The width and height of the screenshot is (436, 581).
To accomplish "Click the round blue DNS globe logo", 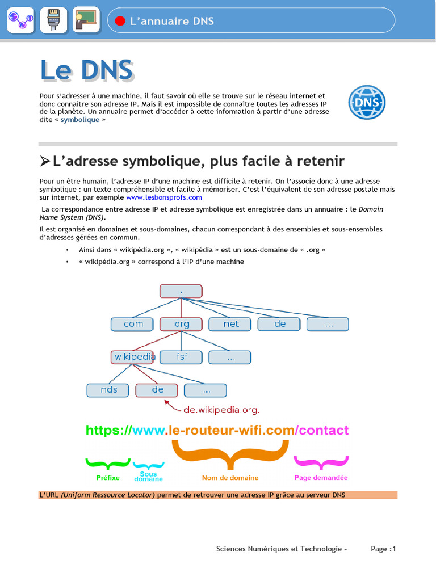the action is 367,102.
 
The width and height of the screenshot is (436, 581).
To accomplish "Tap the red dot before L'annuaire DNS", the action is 120,21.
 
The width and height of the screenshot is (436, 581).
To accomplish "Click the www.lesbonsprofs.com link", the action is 164,197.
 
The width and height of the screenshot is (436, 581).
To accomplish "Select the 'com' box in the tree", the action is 133,324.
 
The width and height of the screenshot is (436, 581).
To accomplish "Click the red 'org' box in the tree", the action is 181,324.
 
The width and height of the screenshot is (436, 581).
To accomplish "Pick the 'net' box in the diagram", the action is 230,324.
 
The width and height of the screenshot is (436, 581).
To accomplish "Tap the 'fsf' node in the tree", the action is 181,357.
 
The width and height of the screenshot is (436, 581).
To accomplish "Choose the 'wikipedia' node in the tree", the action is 134,357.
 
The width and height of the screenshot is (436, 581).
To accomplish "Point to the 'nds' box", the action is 108,390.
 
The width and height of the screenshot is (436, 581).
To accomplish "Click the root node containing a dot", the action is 181,291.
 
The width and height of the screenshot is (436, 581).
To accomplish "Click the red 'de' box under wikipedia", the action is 157,390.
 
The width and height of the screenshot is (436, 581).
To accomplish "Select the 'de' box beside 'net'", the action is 279,324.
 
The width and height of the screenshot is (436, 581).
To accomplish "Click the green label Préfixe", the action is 108,478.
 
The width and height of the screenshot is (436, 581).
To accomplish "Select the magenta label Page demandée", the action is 321,478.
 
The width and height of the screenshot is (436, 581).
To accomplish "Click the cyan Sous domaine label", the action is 148,477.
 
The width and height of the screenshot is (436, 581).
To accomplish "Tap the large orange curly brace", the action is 230,454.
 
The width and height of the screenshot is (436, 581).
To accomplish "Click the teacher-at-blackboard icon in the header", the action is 86,20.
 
